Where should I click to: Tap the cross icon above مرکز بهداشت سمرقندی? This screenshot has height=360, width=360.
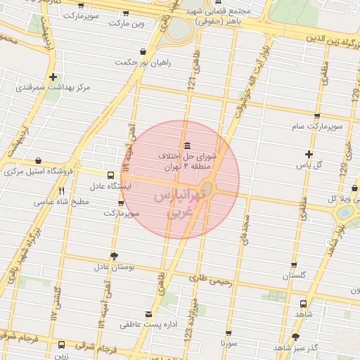tap(53, 77)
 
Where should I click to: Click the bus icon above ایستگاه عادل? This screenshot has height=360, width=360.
tap(110, 175)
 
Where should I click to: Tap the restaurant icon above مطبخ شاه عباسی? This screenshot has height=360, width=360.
tap(62, 191)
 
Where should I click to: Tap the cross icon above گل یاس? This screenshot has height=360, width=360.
tap(309, 154)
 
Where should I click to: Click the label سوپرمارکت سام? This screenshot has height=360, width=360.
tap(317, 127)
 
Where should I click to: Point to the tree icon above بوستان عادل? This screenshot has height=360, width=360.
tap(114, 256)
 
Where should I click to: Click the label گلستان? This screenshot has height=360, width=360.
tap(295, 276)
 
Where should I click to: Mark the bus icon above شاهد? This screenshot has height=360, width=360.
tap(302, 304)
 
